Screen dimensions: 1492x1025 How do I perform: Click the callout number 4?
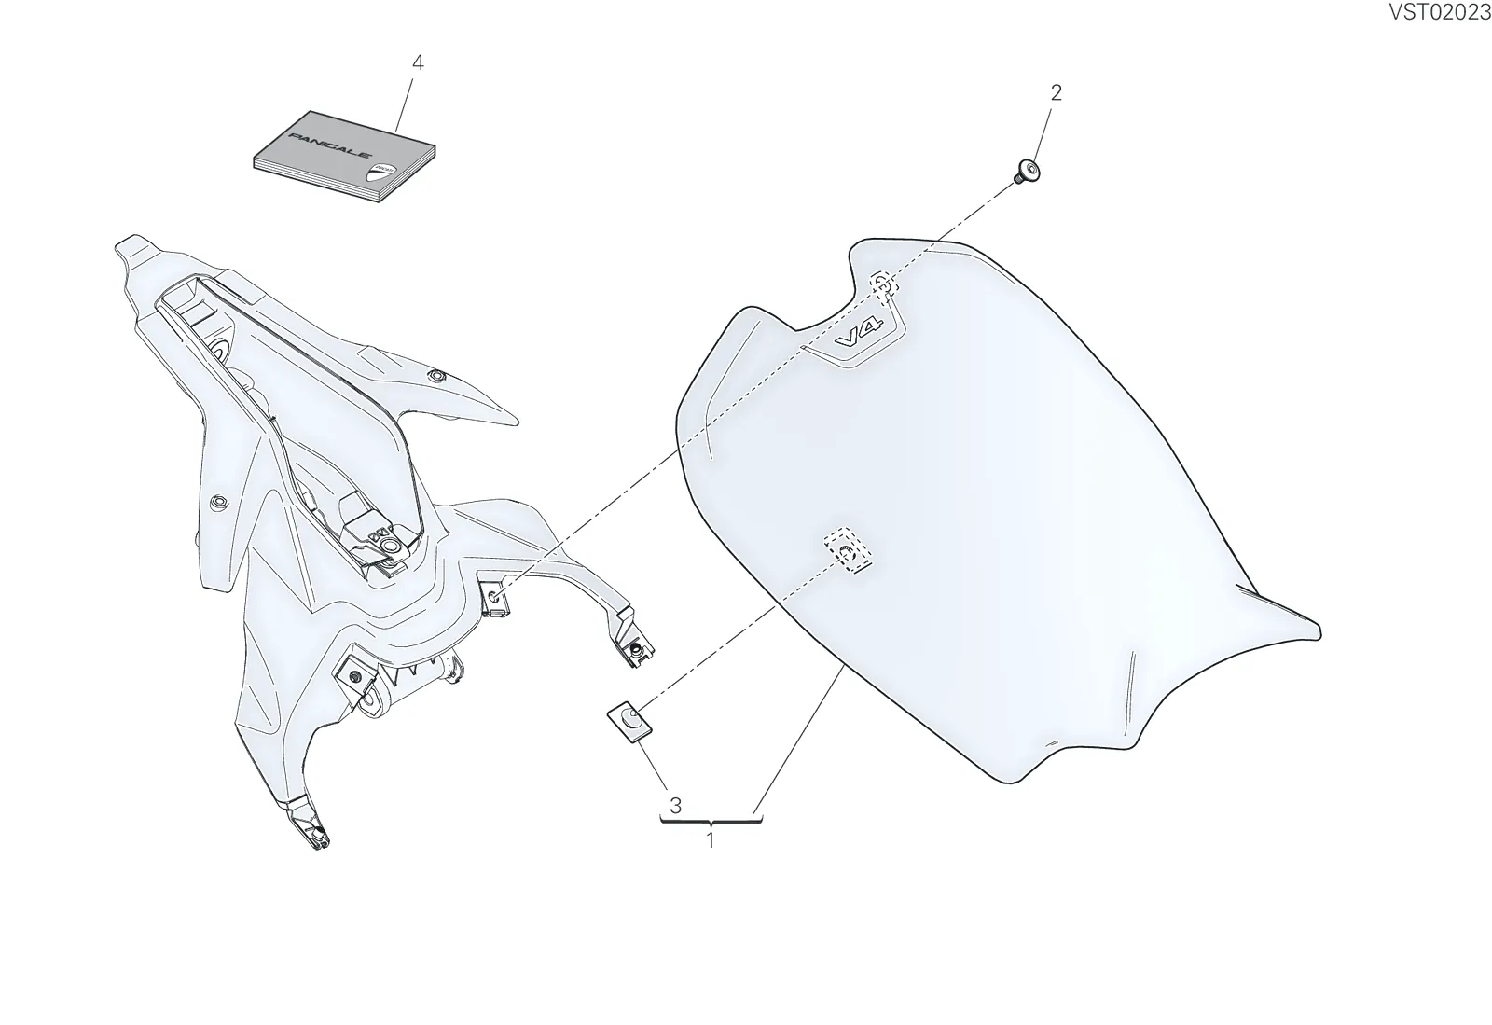[x=418, y=62]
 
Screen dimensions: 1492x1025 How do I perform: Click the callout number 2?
[x=1056, y=92]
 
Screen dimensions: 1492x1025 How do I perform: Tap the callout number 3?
[x=675, y=806]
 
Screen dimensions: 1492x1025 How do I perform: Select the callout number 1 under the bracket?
[x=711, y=840]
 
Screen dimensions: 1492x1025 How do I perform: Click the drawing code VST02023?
[x=1439, y=12]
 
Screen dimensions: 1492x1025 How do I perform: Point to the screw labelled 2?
[x=1028, y=172]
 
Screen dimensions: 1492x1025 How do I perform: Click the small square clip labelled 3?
[x=629, y=721]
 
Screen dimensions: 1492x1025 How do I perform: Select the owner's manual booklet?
[x=344, y=158]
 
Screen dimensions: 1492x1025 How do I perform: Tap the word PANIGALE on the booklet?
[x=329, y=145]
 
